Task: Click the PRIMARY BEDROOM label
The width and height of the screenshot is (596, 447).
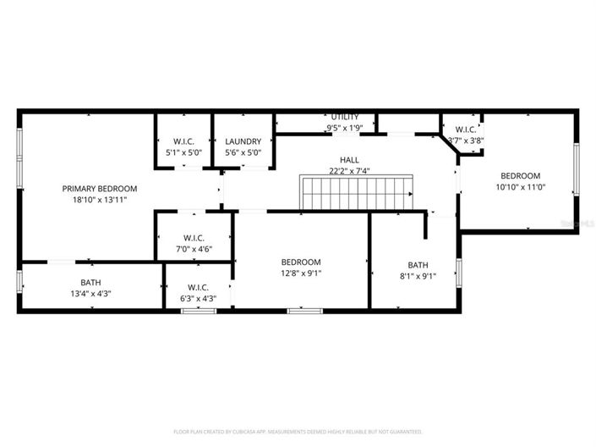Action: tap(99, 188)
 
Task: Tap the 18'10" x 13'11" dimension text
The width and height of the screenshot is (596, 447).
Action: tap(99, 201)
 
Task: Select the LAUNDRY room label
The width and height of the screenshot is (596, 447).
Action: tap(243, 141)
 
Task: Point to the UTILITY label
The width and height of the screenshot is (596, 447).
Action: tap(345, 117)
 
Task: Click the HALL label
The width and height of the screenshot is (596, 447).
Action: tap(349, 159)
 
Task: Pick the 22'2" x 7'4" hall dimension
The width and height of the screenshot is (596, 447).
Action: tap(349, 171)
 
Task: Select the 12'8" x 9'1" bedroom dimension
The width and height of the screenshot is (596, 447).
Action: tap(301, 273)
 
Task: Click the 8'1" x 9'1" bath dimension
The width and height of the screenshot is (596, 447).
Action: tap(418, 275)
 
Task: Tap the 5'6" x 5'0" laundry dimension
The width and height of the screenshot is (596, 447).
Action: tap(243, 152)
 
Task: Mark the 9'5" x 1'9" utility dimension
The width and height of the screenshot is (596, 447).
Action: tap(345, 128)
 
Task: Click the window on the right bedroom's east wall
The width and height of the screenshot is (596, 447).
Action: tap(577, 168)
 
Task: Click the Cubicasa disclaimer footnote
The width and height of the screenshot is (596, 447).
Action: tap(298, 432)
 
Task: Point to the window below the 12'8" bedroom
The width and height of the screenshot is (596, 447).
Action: tap(305, 311)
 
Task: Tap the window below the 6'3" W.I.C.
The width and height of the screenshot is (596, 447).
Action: tap(199, 311)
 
